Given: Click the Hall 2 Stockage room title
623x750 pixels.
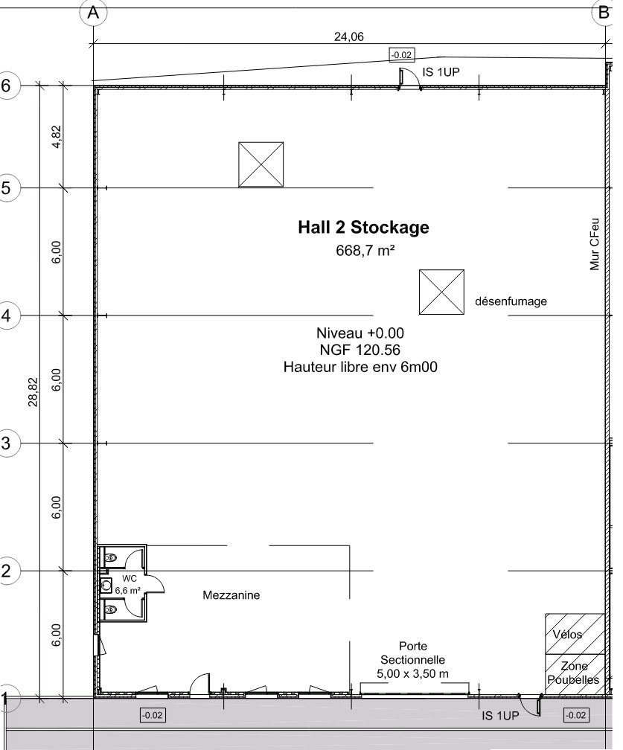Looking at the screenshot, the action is click(363, 227).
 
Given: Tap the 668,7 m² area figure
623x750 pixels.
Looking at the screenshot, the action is click(365, 250).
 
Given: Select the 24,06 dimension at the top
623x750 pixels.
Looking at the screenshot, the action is click(349, 36).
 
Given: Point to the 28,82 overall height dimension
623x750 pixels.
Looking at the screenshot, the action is click(33, 392).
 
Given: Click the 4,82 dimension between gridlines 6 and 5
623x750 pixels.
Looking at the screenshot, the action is click(57, 137).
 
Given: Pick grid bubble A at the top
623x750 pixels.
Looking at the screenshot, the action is click(93, 13).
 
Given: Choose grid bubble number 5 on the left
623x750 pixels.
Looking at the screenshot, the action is click(6, 187).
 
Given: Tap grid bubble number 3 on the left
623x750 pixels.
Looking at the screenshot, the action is click(6, 443).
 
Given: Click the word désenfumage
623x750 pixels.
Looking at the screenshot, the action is click(511, 301).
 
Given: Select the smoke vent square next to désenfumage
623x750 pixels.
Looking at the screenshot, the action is click(441, 292).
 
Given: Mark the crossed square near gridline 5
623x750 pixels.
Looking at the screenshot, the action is click(261, 164).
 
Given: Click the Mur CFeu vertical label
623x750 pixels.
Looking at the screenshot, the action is click(595, 244).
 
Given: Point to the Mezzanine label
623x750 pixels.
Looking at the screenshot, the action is click(231, 595).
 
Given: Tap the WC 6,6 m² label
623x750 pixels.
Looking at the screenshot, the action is click(128, 585).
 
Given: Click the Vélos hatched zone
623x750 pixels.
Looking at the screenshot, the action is click(575, 634).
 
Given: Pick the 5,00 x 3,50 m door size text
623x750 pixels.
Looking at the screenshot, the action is click(412, 674).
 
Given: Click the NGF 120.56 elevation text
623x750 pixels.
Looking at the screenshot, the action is click(360, 350).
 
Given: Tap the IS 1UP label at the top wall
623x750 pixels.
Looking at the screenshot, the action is click(441, 72).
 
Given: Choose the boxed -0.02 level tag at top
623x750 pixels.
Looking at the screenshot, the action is click(401, 55).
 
